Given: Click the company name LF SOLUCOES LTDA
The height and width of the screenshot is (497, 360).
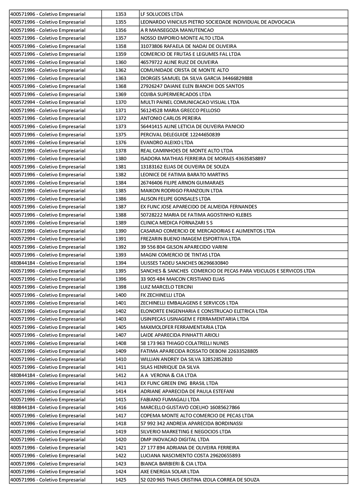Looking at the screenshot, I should [x=162, y=14].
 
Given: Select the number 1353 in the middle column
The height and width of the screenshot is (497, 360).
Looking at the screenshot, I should [x=121, y=14].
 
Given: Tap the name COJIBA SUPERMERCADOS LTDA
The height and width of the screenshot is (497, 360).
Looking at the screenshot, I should [x=176, y=94].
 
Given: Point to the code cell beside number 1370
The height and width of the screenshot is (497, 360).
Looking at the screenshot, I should [x=48, y=102].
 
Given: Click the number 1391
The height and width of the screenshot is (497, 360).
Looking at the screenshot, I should [x=121, y=239].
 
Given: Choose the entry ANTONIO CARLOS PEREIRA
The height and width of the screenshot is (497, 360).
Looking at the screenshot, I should [x=171, y=118].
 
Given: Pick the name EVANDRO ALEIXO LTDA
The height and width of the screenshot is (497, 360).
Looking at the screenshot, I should [x=167, y=142].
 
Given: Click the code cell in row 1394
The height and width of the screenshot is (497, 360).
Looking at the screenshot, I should [x=48, y=263].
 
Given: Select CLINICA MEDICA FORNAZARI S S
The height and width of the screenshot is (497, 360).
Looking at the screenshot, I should [x=176, y=223].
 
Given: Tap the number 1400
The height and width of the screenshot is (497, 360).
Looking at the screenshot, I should [x=121, y=295].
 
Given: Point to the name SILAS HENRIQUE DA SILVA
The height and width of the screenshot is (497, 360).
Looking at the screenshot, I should [x=170, y=367].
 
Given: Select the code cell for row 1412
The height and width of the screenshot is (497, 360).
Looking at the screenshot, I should [x=48, y=375].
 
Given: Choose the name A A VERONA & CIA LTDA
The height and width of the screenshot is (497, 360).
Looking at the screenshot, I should [x=168, y=375].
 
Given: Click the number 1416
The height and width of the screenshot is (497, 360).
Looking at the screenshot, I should [x=121, y=407].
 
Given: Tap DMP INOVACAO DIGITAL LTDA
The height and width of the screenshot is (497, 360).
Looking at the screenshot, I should [x=175, y=439].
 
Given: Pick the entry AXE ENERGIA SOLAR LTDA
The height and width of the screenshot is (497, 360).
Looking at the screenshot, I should [x=170, y=472].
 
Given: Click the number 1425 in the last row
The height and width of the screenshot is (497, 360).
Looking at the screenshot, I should [x=121, y=480].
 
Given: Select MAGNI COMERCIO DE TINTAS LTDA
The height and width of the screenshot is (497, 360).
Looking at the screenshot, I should [x=180, y=255].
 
